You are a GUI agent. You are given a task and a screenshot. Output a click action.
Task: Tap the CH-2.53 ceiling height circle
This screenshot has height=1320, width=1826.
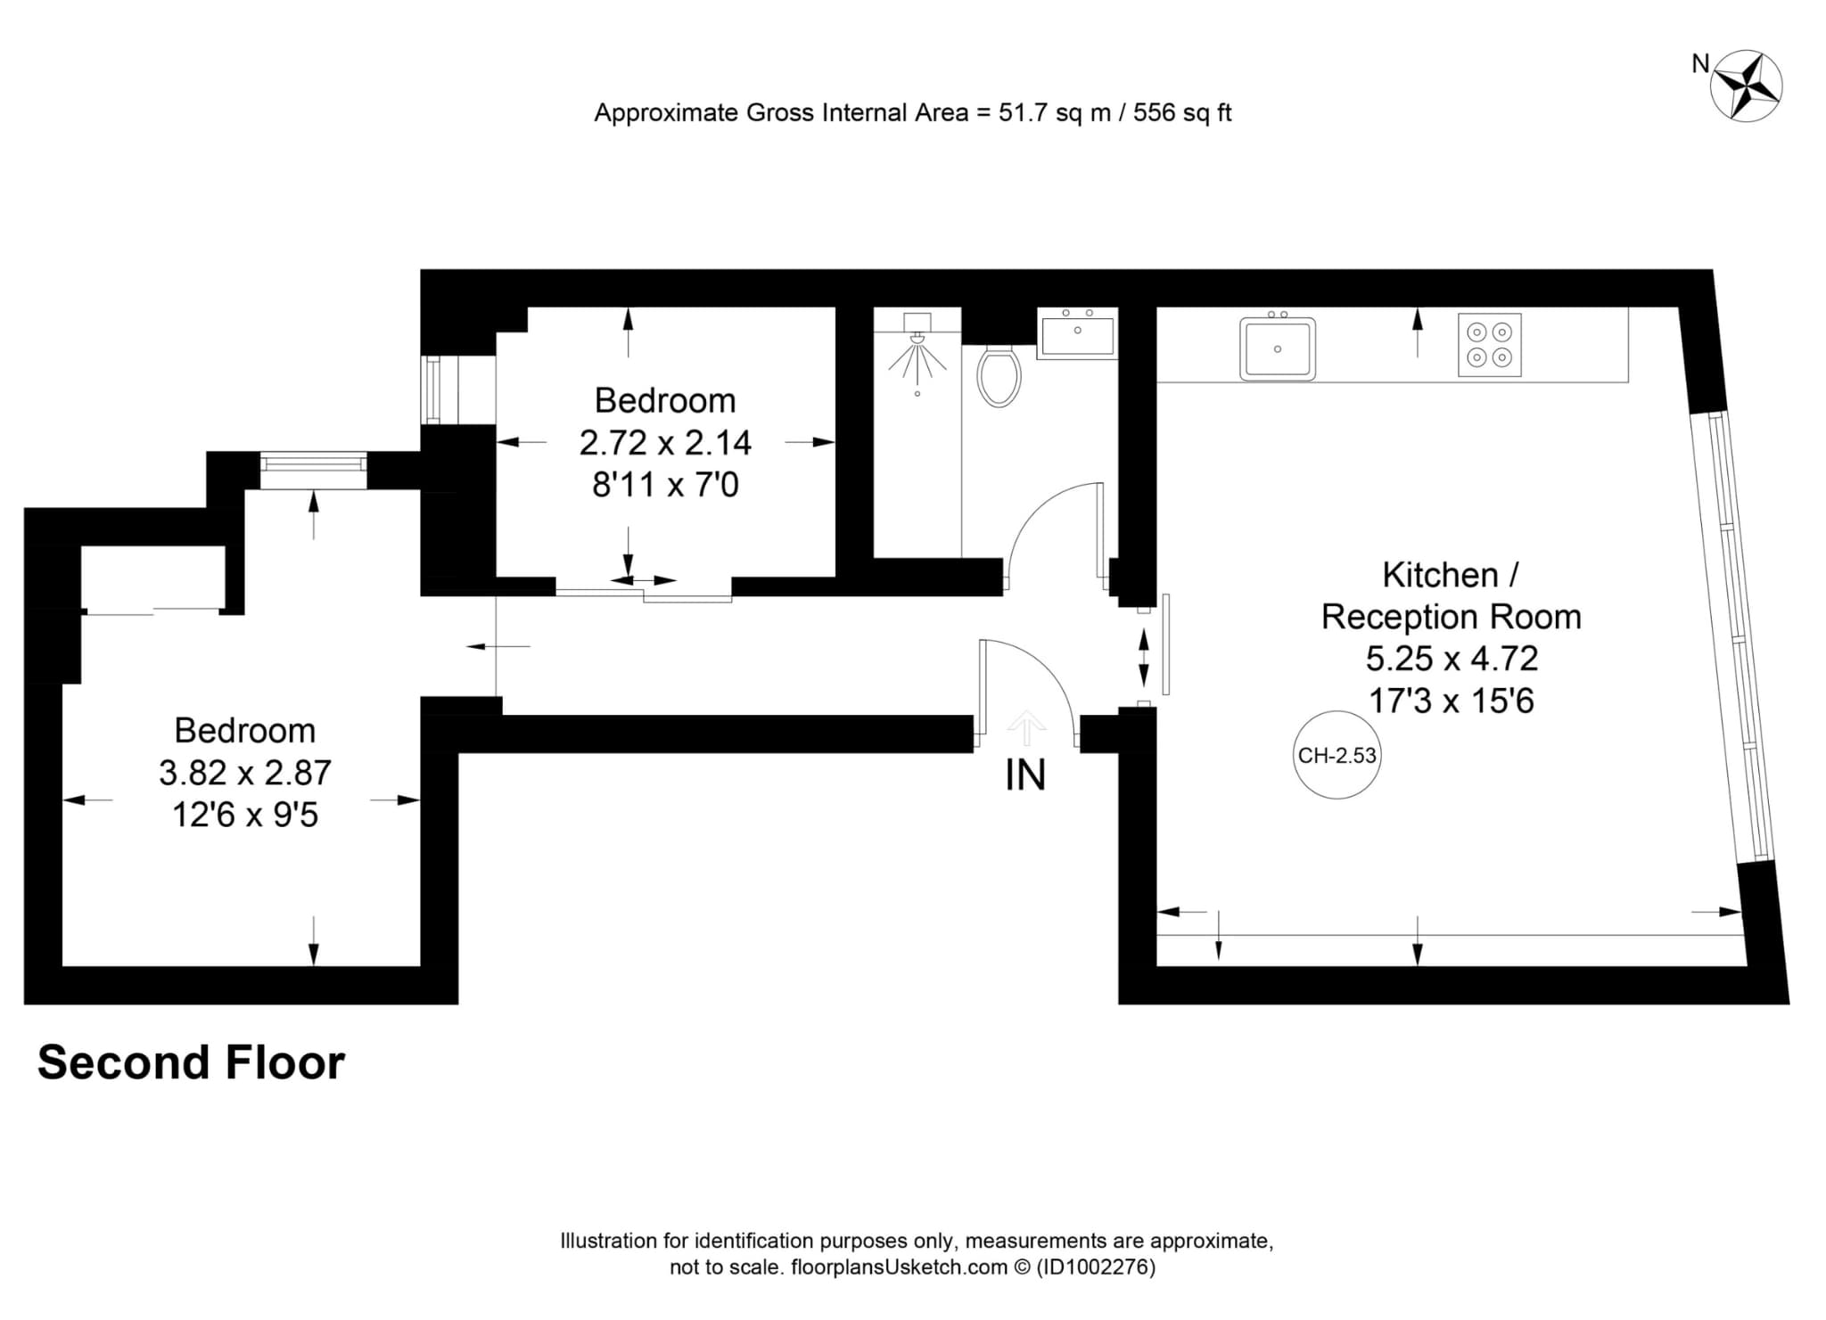(1337, 755)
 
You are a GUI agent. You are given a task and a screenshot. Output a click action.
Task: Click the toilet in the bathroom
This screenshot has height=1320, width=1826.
(999, 375)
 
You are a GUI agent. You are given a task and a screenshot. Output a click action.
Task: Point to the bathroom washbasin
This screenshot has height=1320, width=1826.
(1077, 333)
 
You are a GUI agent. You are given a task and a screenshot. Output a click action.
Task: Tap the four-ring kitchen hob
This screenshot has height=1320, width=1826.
(1490, 345)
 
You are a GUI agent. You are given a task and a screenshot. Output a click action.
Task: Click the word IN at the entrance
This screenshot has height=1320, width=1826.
(1025, 775)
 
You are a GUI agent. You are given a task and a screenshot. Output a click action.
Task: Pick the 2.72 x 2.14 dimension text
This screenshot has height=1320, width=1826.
(665, 443)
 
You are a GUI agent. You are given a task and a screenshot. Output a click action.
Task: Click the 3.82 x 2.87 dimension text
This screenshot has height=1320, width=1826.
(245, 773)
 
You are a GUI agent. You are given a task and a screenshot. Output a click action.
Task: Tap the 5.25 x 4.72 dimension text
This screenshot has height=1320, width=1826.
(1452, 659)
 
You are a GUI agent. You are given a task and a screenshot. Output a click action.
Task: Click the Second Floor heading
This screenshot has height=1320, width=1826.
(191, 1062)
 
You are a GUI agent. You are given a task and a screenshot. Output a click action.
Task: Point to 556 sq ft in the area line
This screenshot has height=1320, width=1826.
(1182, 113)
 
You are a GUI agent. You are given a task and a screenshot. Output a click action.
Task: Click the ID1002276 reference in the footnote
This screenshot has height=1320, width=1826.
(1096, 1267)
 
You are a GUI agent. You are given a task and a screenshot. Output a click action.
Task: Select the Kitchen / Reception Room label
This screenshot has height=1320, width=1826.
(1452, 596)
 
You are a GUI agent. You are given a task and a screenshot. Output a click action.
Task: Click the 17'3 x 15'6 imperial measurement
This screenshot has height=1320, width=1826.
(1452, 701)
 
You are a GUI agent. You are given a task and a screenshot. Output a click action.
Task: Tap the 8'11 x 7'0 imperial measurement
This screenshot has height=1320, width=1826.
(665, 486)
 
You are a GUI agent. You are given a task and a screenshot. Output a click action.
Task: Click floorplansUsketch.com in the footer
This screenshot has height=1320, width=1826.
(899, 1267)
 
